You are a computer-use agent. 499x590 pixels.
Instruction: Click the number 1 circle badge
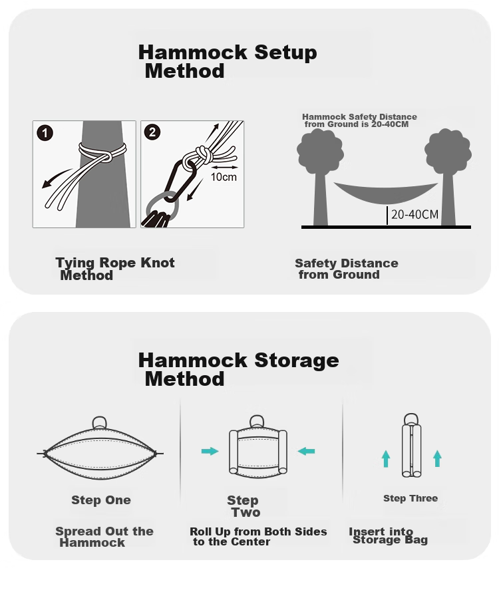point(45,133)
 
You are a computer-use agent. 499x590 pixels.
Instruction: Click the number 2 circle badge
point(152,132)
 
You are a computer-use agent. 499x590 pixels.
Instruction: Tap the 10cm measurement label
point(224,177)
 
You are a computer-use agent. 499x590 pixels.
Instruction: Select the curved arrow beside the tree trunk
point(57,178)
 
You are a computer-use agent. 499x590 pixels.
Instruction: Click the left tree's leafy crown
point(320,150)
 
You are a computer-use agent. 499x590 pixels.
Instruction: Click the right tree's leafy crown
point(448,151)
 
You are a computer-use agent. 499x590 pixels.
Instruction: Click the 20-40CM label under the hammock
point(415,214)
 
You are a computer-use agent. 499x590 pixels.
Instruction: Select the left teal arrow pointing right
point(210,451)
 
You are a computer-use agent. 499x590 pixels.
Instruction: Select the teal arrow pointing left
point(306,451)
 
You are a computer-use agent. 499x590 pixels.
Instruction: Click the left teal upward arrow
point(386,459)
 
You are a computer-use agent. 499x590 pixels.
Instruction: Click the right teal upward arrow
point(437,458)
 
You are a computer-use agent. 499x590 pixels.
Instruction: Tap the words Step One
point(101,500)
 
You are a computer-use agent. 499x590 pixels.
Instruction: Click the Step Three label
point(411,498)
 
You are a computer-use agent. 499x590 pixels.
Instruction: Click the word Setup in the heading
point(285,53)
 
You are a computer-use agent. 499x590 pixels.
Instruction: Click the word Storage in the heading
point(297,361)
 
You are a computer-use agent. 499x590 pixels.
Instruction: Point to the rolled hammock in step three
point(411,446)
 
